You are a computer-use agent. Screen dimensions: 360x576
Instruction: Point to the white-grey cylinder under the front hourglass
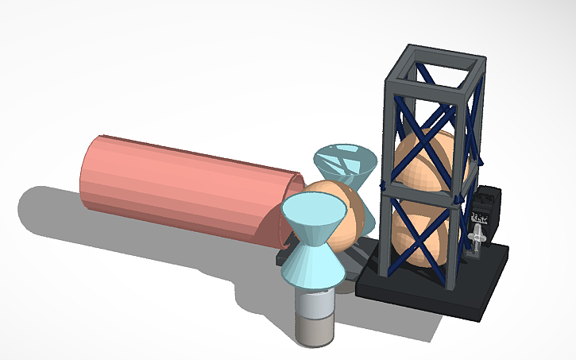tap(315, 302)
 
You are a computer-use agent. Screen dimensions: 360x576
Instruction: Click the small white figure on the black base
tap(477, 238)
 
